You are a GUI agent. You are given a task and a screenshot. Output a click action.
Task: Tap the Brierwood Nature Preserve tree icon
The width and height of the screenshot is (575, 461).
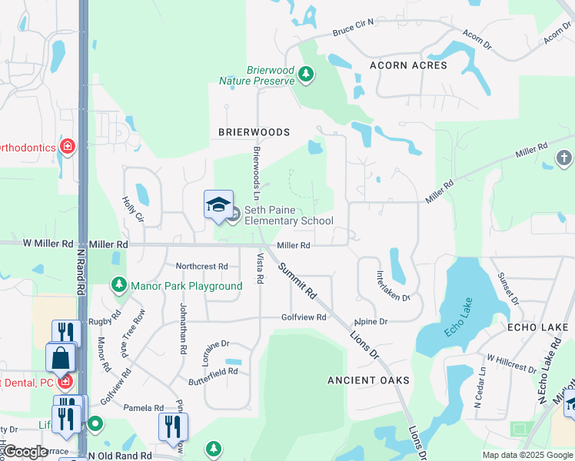[307, 75]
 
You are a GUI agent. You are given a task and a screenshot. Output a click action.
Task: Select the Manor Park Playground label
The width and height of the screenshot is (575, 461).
[187, 286]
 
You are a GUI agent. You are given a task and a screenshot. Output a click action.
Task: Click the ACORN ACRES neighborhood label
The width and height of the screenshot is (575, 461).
[408, 65]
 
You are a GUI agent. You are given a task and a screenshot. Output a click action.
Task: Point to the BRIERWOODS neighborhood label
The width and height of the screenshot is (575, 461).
[254, 132]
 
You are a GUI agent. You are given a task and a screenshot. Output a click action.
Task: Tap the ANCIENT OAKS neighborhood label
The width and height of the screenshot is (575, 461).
[368, 380]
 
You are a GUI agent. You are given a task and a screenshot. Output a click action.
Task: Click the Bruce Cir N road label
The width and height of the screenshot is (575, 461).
[353, 32]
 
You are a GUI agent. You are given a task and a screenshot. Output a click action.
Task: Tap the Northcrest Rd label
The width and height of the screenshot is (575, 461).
[201, 267]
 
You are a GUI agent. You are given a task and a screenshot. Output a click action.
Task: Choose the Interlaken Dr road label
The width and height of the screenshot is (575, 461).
[392, 286]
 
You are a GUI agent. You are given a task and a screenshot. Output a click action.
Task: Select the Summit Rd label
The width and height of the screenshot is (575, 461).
[297, 280]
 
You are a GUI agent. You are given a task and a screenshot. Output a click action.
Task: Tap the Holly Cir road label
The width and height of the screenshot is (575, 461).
[133, 209]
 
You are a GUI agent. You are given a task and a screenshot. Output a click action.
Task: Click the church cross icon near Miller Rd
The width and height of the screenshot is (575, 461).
[564, 158]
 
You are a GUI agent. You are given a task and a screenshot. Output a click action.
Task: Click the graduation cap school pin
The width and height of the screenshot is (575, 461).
[218, 204]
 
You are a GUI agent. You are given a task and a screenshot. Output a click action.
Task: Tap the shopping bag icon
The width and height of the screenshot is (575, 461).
[61, 358]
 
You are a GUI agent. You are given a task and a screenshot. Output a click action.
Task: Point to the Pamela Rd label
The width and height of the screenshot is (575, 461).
[148, 408]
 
